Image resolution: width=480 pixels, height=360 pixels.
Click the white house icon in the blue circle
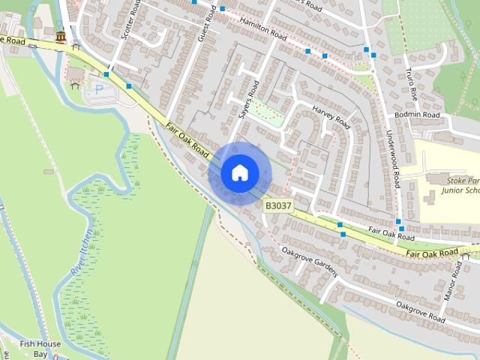(x=239, y=172)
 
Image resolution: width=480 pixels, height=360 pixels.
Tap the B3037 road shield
(x=277, y=205)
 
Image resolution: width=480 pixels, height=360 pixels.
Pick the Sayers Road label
(x=248, y=100)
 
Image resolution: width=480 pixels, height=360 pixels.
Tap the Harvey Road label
(x=331, y=117)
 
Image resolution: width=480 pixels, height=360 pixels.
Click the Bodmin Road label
(x=417, y=115)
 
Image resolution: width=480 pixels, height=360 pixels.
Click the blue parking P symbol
(x=99, y=88)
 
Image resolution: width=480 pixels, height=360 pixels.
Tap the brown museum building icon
(x=60, y=37)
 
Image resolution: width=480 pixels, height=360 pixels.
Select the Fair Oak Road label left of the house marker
(x=187, y=139)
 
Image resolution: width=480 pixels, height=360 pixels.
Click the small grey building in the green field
(x=49, y=172)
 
